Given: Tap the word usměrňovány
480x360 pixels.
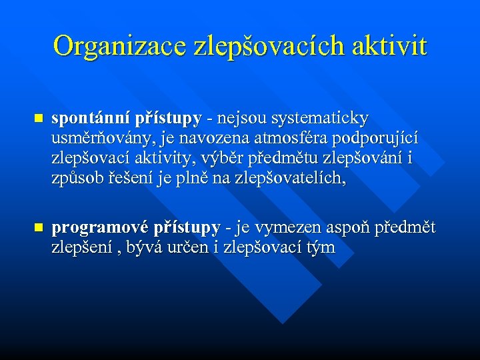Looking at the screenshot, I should (96, 139).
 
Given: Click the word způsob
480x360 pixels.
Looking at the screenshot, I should (75, 179).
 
